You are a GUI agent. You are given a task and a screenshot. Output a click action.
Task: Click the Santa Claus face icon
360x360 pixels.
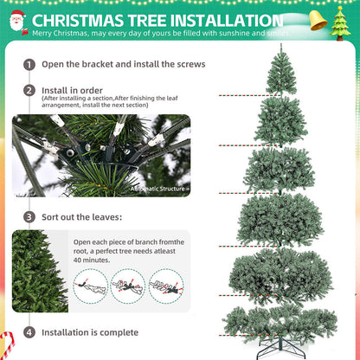coord(17,21)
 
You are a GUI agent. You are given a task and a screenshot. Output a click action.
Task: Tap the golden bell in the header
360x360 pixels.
coord(318,20)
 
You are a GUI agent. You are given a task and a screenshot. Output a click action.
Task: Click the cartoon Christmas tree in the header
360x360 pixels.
coord(340,23)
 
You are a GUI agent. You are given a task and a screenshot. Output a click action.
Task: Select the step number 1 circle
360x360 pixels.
coord(29,64)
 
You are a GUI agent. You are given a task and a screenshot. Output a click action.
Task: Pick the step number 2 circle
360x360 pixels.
coord(29,91)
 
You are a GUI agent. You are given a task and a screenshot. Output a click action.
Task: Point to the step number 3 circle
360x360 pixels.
coord(29,217)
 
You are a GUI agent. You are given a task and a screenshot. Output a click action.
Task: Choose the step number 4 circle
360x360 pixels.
coord(29,332)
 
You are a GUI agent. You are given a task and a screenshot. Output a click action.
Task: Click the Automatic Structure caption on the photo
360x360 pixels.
coord(157,189)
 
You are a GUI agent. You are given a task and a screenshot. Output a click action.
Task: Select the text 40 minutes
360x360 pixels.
coord(92,260)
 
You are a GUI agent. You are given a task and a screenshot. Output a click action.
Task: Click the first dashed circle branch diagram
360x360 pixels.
coord(90,286)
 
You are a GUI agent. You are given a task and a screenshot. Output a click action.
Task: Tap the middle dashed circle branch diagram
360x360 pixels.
coord(128,286)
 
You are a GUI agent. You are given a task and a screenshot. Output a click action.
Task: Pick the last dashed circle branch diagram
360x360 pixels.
coord(166,286)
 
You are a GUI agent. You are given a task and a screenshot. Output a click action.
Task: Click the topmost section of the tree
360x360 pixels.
coord(281,71)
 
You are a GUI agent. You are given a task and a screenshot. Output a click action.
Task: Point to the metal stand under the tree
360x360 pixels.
coord(280,348)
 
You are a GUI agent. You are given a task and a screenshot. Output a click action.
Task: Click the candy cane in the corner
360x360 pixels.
coord(8,345)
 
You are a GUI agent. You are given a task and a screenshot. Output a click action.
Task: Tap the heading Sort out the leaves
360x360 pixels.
coord(82,217)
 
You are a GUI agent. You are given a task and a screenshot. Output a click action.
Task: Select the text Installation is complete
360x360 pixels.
coord(90,332)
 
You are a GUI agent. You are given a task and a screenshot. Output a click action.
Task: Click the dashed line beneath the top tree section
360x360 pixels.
coord(249,95)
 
